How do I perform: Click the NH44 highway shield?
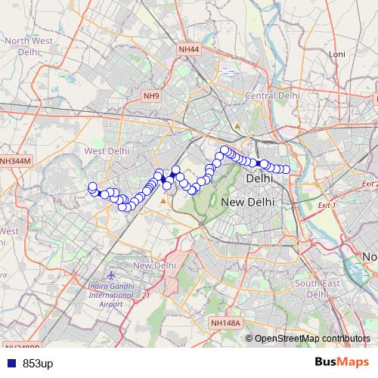click(x=189, y=50)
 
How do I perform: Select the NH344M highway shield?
click(x=15, y=161)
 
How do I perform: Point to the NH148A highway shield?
click(x=225, y=323)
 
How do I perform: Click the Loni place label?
click(x=336, y=54)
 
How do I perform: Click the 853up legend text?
click(x=38, y=364)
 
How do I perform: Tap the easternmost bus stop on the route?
click(x=286, y=169)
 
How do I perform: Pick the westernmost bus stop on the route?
click(x=92, y=187)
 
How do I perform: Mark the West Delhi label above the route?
click(x=107, y=151)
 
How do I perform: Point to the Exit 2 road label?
click(x=369, y=184)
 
